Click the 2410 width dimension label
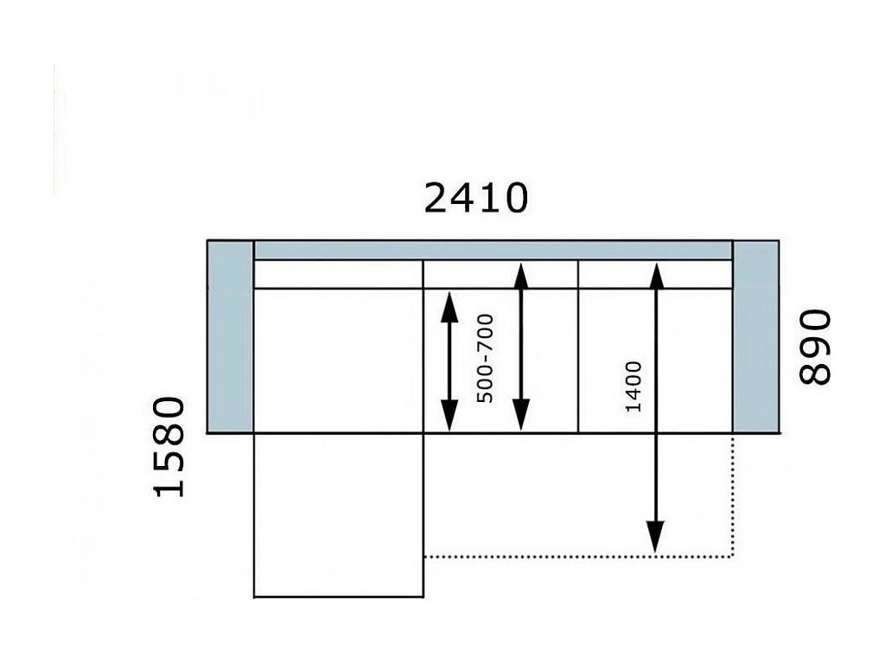pos(475,198)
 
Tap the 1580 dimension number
pos(169,447)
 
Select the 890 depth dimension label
pos(815,347)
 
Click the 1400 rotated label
pos(634,386)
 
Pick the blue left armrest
pos(230,337)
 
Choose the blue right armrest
pos(755,337)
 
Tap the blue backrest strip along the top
pos(493,250)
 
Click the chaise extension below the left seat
pos(338,514)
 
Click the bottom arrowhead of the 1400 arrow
pos(656,539)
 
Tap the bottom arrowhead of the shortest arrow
pos(449,418)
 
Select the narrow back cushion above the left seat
pos(338,274)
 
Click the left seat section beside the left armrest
pos(338,361)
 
